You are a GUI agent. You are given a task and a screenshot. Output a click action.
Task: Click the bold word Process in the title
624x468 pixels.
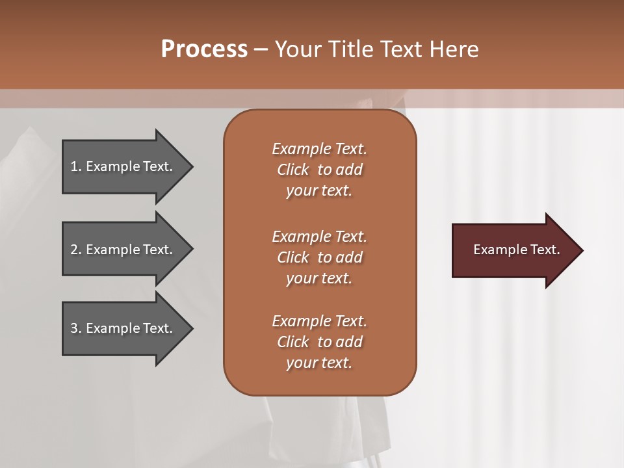pos(204,49)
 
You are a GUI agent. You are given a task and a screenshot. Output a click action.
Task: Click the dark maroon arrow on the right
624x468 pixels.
pos(513,250)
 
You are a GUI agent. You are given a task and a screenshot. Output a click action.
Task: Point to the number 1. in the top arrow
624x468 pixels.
pos(75,166)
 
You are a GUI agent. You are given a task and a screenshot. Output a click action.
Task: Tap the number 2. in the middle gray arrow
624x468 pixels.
pos(75,250)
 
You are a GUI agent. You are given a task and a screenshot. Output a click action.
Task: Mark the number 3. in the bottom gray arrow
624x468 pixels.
pos(75,328)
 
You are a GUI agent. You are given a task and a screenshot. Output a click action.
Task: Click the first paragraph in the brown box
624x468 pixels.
pos(319,170)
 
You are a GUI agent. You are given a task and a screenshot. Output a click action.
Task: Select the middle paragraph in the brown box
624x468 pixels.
pos(319,257)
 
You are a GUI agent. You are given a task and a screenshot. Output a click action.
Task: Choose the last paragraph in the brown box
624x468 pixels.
pos(319,342)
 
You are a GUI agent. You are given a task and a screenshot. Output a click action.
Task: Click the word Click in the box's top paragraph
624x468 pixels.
pos(292,170)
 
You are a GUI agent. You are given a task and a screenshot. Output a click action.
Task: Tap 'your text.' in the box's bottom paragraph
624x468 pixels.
pos(319,363)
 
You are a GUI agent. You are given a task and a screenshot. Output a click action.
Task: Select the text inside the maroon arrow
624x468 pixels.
pos(516,250)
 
